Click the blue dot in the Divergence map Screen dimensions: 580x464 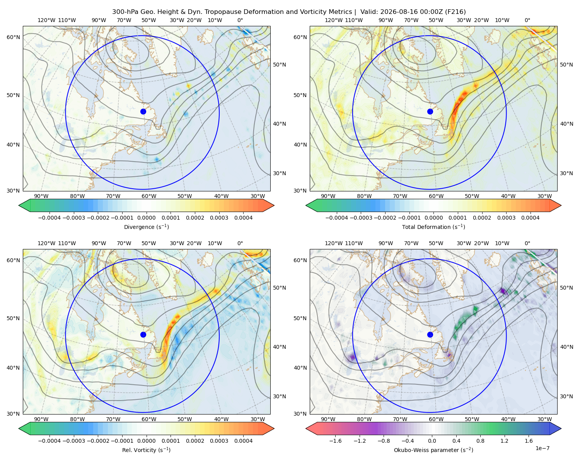click(x=143, y=111)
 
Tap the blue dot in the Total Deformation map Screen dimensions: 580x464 click(x=430, y=111)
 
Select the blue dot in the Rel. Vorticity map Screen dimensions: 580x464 click(x=143, y=334)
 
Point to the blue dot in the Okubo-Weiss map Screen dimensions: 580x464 click(x=430, y=334)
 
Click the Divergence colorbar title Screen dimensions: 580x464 click(x=146, y=227)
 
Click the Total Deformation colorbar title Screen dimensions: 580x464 click(x=433, y=227)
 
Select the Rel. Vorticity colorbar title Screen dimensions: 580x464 click(x=146, y=450)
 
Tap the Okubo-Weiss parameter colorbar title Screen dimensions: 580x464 click(x=433, y=450)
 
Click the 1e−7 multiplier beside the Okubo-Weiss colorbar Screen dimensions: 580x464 click(x=542, y=448)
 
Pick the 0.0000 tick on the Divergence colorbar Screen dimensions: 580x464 click(x=146, y=218)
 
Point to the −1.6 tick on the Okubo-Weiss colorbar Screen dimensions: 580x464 click(x=335, y=441)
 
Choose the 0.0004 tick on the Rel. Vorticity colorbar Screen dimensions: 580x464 click(x=243, y=441)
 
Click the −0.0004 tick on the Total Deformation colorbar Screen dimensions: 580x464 click(x=337, y=218)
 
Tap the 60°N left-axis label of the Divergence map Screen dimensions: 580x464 click(x=13, y=37)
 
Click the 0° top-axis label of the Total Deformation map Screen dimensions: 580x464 click(x=527, y=20)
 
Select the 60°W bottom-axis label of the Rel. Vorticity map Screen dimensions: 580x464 click(x=149, y=419)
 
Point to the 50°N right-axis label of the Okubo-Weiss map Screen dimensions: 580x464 click(x=566, y=288)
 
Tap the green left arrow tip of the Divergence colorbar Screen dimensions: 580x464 click(x=19, y=205)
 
